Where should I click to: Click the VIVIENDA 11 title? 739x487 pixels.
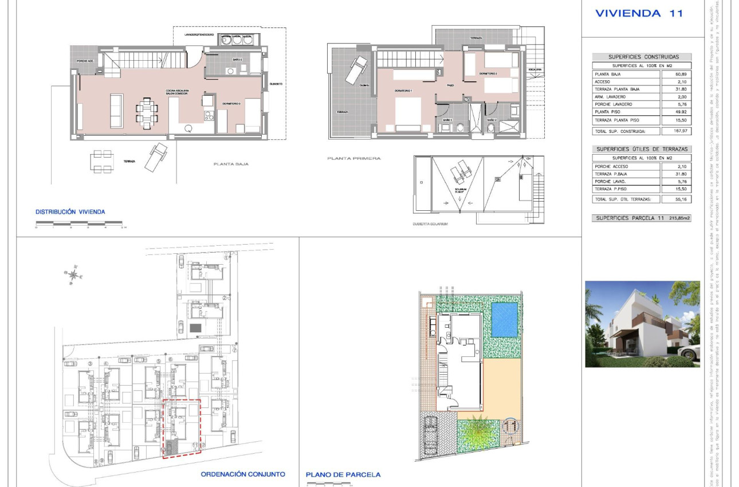point(639,13)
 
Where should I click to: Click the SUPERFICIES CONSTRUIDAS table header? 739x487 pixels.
point(642,57)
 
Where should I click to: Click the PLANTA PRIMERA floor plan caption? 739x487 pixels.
point(353,158)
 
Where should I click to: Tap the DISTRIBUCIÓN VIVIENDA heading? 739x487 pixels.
point(70,212)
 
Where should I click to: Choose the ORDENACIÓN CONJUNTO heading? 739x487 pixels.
point(242,474)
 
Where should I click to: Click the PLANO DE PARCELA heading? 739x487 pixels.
point(343,474)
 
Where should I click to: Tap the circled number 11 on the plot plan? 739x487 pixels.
point(510,425)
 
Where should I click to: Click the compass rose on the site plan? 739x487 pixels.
point(73,274)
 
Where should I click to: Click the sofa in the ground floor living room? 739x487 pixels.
point(116,111)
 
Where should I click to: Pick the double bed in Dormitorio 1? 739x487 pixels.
point(407,113)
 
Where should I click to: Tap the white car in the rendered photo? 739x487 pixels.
point(688,351)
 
